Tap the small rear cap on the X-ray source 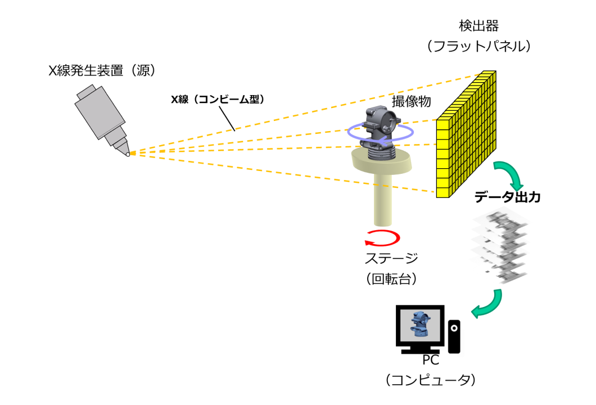pyautogui.click(x=86, y=92)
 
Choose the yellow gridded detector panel pyautogui.click(x=466, y=135)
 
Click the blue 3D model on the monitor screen pyautogui.click(x=419, y=325)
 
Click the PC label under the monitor pyautogui.click(x=431, y=360)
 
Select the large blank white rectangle pyautogui.click(x=192, y=327)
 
